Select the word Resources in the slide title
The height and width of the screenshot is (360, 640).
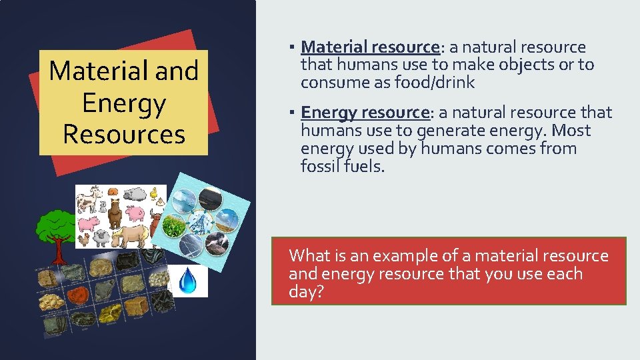pos(123,134)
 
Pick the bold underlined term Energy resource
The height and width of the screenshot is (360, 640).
pos(364,113)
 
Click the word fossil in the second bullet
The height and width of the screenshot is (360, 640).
pos(320,167)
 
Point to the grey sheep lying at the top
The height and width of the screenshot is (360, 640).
pos(135,194)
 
